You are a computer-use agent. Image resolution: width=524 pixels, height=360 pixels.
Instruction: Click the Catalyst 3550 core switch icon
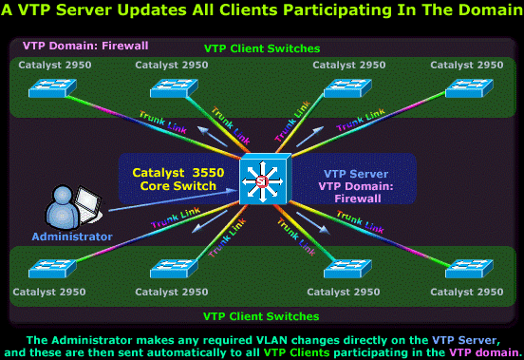[x=266, y=179]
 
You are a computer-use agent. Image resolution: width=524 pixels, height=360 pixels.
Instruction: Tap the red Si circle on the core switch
[x=262, y=181]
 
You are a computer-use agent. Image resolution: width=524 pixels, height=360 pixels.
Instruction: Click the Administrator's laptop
[x=88, y=204]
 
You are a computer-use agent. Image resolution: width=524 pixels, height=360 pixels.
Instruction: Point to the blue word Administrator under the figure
[x=72, y=237]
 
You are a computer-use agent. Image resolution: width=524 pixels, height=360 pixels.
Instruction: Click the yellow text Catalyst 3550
[x=178, y=173]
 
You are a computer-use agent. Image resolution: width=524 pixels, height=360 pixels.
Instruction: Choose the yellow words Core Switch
[x=178, y=186]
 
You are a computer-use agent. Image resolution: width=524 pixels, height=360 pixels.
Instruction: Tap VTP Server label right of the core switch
[x=356, y=174]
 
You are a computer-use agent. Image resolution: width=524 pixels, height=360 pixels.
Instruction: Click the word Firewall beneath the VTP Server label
[x=358, y=199]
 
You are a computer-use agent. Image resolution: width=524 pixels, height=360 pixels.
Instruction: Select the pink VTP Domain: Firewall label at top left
[x=85, y=46]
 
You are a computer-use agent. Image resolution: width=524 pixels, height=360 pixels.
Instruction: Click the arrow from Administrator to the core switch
[x=173, y=200]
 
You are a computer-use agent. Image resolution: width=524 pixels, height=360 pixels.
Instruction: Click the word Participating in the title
[x=337, y=10]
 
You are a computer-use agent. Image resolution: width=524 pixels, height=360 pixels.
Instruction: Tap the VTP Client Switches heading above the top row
[x=262, y=48]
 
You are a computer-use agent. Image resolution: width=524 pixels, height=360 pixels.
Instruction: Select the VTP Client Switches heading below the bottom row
[x=261, y=316]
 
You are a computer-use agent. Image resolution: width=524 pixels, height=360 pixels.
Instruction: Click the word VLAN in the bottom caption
[x=271, y=340]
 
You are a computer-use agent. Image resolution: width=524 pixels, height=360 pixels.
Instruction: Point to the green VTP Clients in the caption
[x=296, y=352]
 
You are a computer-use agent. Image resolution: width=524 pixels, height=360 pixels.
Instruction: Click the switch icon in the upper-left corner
[x=52, y=88]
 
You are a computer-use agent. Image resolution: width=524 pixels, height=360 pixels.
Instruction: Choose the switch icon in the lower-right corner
[x=469, y=269]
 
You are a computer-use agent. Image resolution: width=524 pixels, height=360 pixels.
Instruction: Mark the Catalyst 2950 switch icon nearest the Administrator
[x=52, y=269]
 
